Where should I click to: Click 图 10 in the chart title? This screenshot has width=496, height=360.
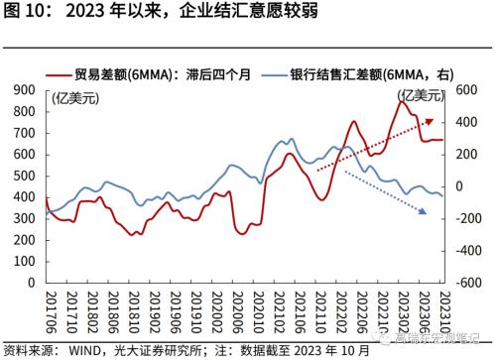coord(27,14)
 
